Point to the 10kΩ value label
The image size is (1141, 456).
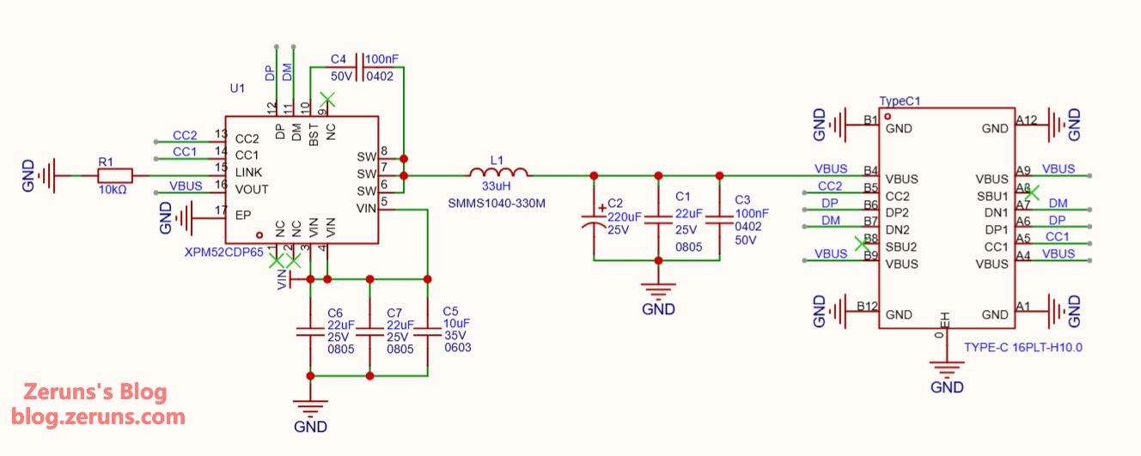112,190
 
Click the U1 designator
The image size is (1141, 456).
237,88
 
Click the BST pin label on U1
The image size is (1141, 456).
314,131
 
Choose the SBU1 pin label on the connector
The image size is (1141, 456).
992,197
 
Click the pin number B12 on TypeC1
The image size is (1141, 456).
867,307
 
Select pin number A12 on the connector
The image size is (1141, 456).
1026,120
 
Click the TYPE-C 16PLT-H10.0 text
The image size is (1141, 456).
1022,348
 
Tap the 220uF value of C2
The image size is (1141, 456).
625,217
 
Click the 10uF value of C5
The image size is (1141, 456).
456,323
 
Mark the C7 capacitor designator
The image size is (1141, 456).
395,313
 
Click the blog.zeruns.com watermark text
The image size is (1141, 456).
98,417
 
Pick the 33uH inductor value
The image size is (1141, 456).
497,185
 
